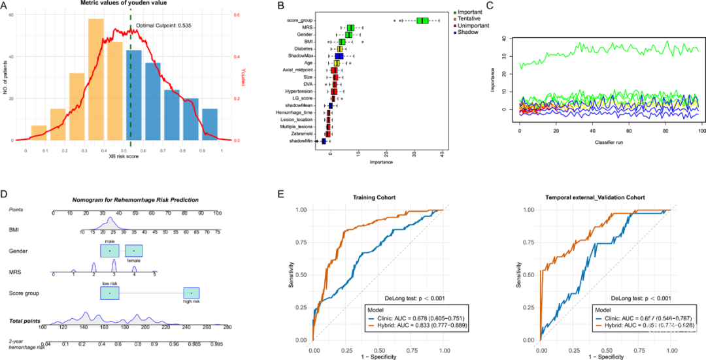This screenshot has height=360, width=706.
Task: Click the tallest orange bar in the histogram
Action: [96, 78]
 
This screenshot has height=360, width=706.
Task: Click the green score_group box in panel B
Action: [422, 21]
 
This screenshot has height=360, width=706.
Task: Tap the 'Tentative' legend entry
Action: [468, 19]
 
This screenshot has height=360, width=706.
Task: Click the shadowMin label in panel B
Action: [302, 140]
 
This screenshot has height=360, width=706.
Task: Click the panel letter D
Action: [5, 194]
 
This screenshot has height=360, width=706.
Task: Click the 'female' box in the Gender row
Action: [134, 251]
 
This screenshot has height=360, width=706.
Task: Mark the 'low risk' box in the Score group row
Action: [110, 293]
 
